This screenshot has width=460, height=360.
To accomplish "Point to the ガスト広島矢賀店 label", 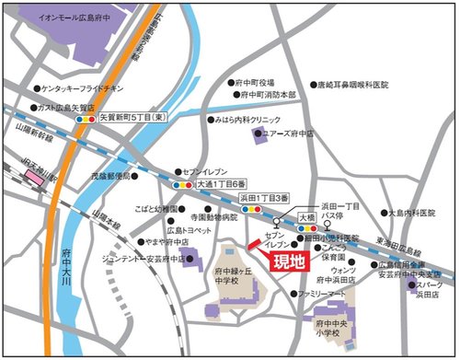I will pos(71,107).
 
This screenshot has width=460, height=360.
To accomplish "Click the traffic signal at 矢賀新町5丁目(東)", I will pos(86,120).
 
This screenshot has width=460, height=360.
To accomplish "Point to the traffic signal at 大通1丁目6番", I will pos(181,184).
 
